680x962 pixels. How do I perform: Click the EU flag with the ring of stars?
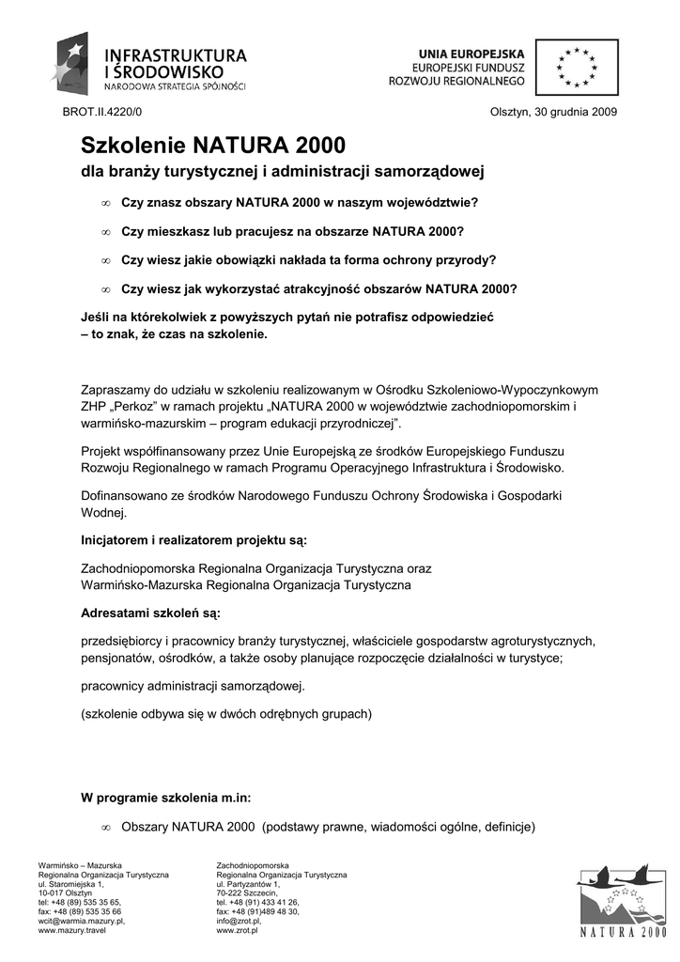coord(577,68)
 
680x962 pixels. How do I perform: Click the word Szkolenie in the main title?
coord(133,146)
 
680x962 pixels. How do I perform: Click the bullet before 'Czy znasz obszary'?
coord(106,203)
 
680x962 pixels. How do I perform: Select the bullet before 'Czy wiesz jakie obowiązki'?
coord(106,260)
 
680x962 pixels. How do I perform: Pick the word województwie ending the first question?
coord(427,202)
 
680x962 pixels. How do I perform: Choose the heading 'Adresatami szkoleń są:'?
coord(151,613)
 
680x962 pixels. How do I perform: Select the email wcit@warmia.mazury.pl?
coord(82,921)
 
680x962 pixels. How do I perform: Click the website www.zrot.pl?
coord(238,930)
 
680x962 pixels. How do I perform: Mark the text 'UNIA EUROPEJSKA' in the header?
coord(471,56)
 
